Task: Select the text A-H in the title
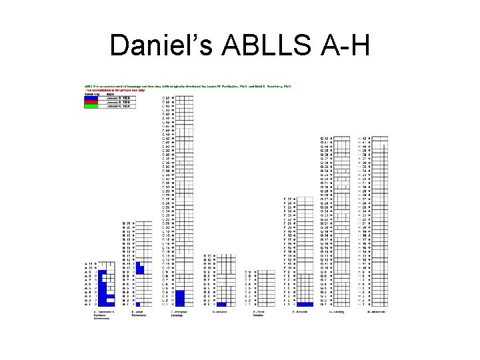tap(343, 45)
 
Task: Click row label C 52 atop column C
tap(167, 97)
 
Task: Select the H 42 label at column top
tap(363, 138)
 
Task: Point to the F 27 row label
tap(288, 199)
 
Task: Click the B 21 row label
tap(126, 223)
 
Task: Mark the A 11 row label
tap(89, 263)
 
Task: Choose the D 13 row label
tap(207, 255)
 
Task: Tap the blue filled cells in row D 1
tap(221, 304)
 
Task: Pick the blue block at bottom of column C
tap(179, 297)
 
